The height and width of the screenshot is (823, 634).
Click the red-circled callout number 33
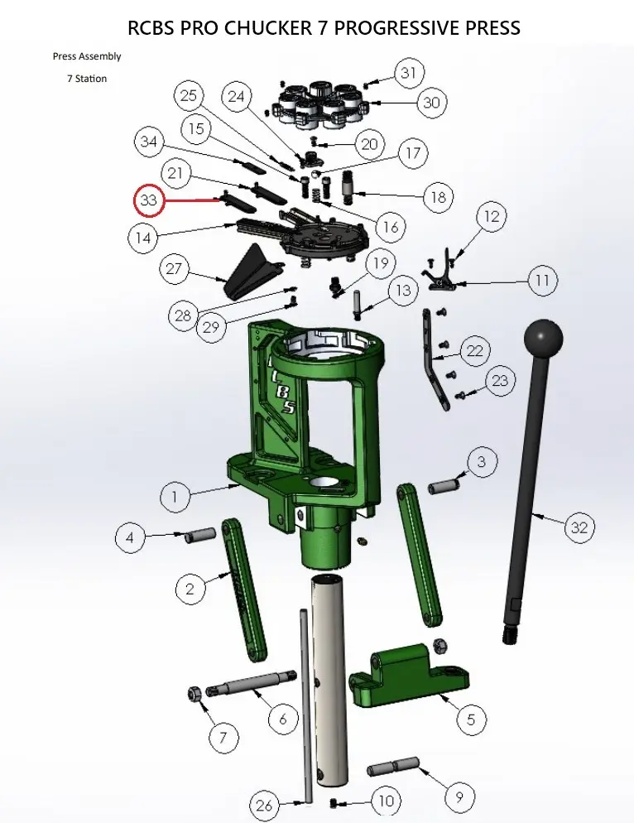tap(149, 200)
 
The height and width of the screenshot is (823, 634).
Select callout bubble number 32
tap(579, 527)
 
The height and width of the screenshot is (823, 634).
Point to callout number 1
tap(175, 495)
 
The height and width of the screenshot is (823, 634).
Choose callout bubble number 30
tap(431, 103)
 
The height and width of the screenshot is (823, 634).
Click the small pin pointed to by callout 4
tap(200, 535)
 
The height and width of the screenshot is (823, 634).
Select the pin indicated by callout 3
tap(444, 485)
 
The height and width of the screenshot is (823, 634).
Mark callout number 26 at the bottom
tap(264, 805)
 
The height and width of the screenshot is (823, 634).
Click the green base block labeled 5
tap(410, 674)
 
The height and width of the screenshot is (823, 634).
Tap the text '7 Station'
tap(87, 79)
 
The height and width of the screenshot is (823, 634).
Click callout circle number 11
tap(542, 281)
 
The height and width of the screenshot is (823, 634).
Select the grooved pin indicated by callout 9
tap(393, 765)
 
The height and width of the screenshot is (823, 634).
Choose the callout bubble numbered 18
tap(438, 197)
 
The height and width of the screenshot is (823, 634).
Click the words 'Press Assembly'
tap(87, 56)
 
